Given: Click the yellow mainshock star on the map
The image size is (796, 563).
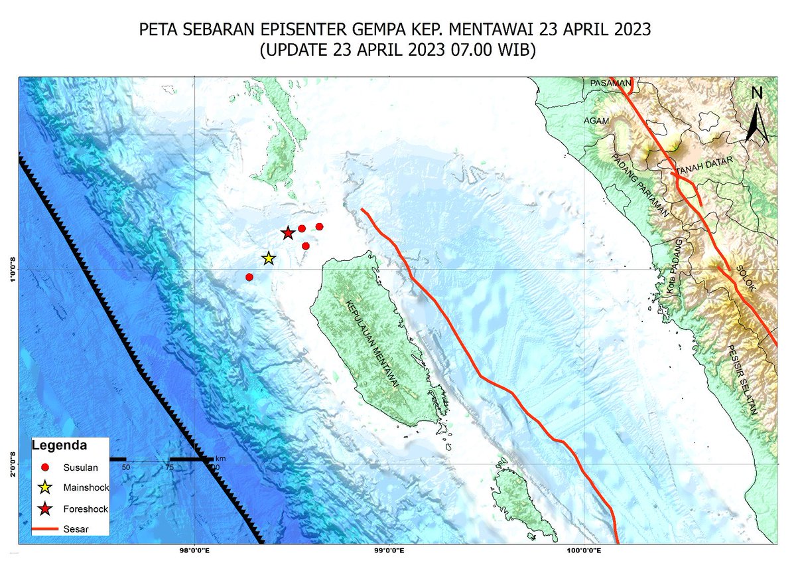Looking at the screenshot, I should (268, 258).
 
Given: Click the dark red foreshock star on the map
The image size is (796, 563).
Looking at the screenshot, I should (287, 233).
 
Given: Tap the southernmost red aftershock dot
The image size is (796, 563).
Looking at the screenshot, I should (249, 277).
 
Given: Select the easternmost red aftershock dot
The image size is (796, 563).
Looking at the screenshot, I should (319, 226).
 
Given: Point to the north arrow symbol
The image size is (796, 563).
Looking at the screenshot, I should (756, 116).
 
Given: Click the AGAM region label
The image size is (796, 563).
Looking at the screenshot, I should (596, 121).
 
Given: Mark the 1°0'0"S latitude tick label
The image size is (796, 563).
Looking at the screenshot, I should (12, 269).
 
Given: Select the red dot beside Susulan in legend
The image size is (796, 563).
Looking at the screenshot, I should (44, 467).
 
